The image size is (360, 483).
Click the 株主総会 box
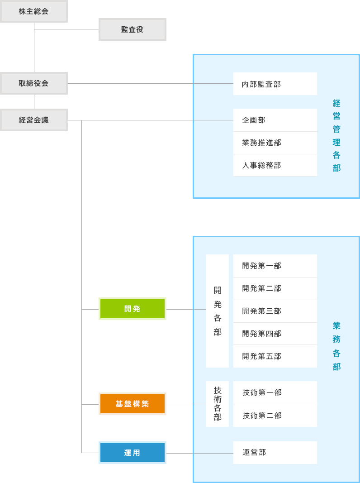pos(33,11)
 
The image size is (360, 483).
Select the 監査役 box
pos(132,29)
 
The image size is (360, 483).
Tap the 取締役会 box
pos(33,83)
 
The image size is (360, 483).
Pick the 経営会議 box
pos(33,120)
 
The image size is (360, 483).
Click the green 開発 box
pos(132,309)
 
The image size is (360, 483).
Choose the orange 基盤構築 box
pos(132,404)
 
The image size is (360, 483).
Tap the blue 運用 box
pos(132,453)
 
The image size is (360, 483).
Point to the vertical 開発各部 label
pos(218,311)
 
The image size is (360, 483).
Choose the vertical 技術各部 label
pos(218,404)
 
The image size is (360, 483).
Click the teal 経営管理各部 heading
pos(336,135)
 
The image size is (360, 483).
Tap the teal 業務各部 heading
pos(336,346)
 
